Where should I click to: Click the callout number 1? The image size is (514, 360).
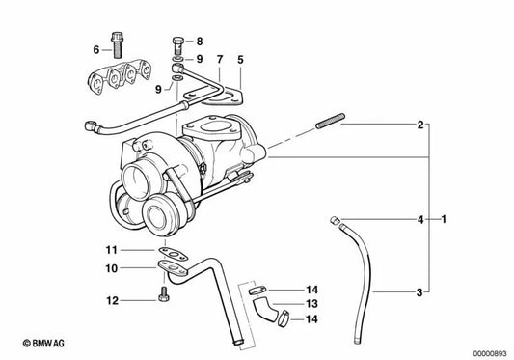pos(444,220)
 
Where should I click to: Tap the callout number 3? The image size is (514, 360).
pos(420,291)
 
